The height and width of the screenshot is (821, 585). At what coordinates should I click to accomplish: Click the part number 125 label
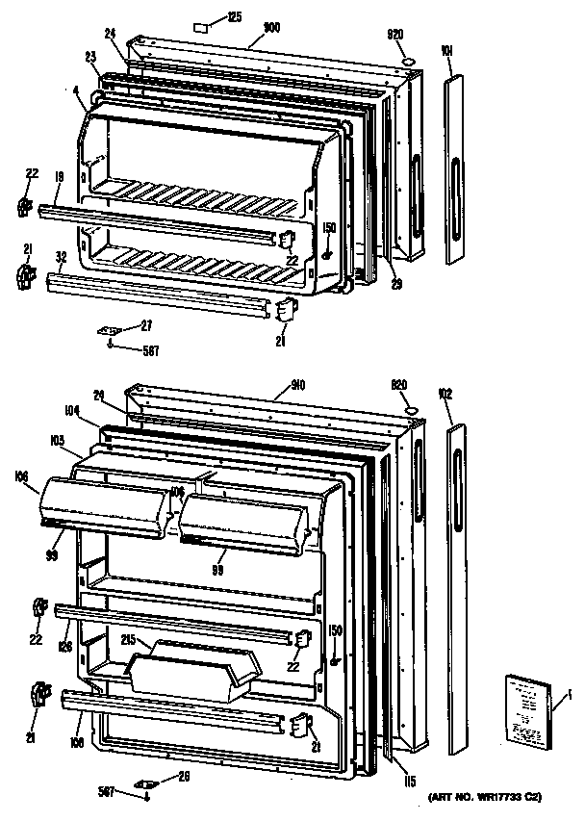point(236,16)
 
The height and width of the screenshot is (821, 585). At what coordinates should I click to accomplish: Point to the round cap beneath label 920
point(407,62)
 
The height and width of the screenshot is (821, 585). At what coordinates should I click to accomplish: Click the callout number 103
point(57,441)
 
